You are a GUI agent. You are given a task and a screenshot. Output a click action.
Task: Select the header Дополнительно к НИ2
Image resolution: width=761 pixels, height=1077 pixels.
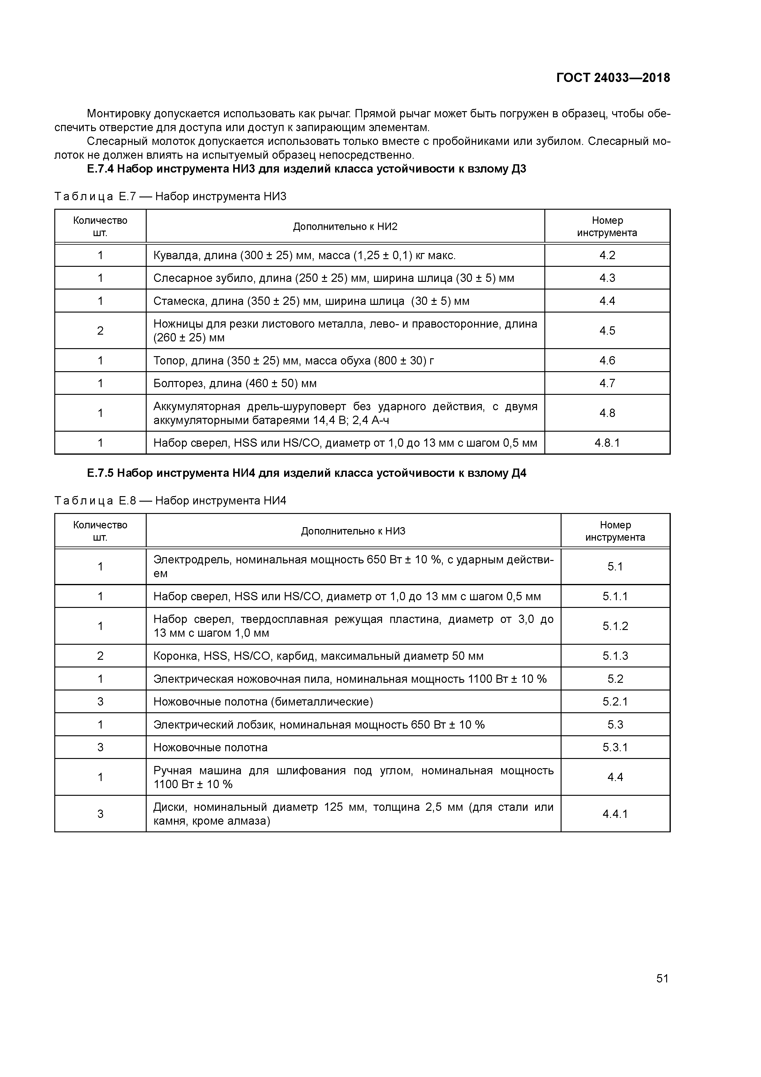coord(345,227)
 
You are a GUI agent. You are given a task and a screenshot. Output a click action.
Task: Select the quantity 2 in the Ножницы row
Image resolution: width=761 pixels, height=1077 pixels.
coord(100,331)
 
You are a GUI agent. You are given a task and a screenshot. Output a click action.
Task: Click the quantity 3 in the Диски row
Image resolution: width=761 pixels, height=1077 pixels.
coord(100,814)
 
